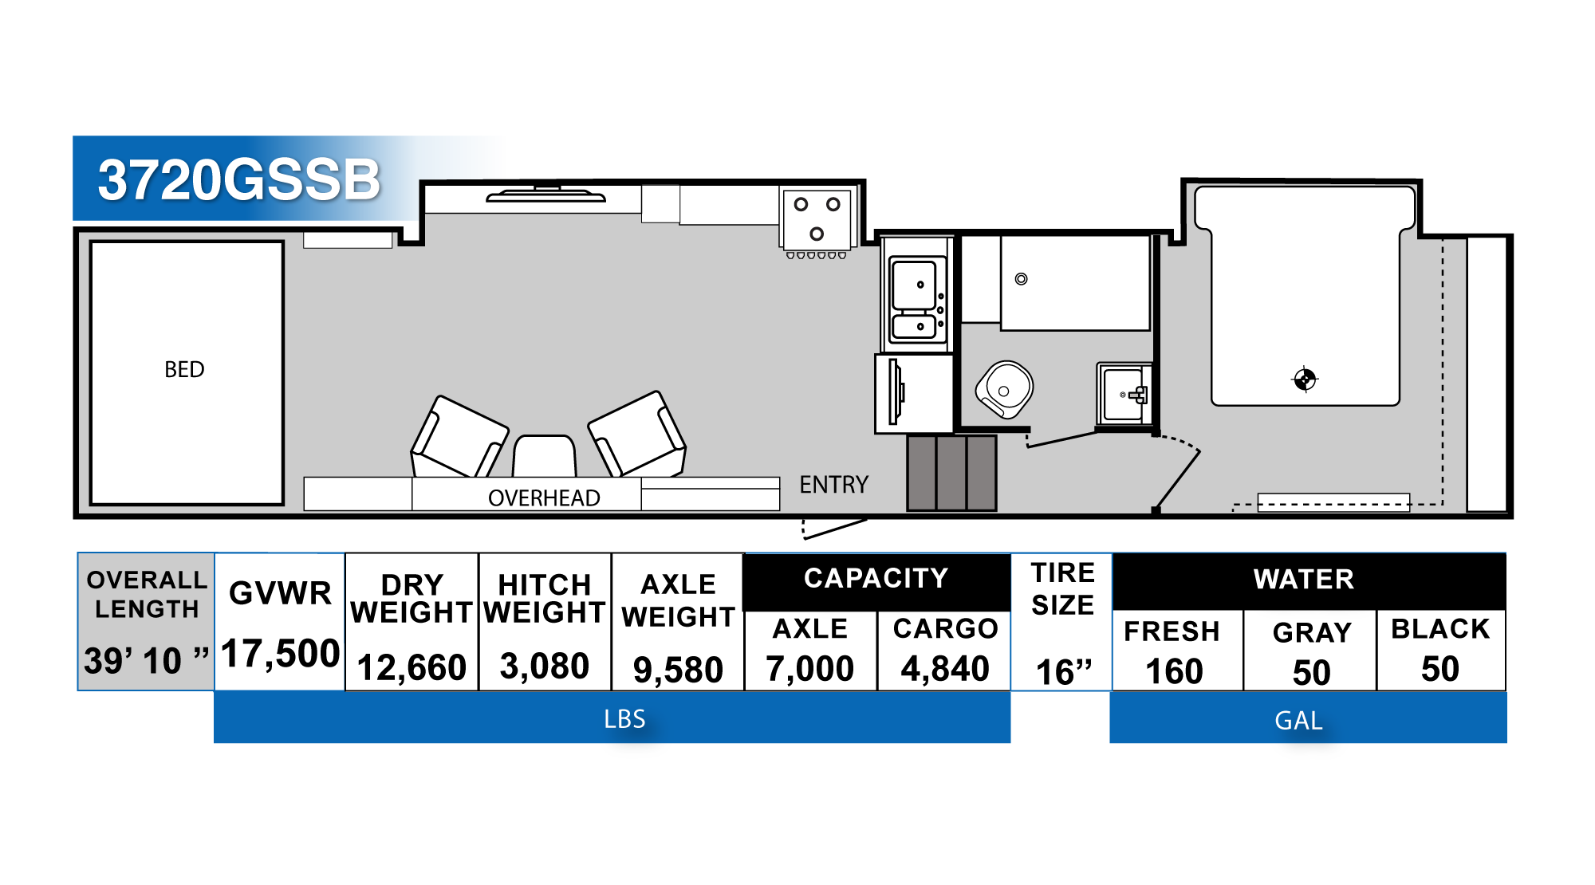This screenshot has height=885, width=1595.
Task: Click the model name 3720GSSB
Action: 239,179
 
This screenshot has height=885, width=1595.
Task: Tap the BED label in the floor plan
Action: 184,369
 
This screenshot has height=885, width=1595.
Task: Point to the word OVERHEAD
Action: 544,498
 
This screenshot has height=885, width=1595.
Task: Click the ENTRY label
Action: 833,485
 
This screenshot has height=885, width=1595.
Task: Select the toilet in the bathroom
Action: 1005,389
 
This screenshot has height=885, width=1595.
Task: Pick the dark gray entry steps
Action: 951,473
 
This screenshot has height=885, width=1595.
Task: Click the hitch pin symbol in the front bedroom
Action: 1305,380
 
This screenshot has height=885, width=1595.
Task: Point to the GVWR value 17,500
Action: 281,654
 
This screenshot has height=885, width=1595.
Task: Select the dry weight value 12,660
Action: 412,667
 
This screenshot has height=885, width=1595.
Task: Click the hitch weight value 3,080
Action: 545,666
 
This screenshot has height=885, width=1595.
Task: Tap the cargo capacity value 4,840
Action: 945,668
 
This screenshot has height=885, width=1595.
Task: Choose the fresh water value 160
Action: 1174,671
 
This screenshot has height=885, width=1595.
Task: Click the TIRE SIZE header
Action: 1062,588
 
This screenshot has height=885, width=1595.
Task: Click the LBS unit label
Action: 624,719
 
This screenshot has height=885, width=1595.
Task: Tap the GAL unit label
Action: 1298,721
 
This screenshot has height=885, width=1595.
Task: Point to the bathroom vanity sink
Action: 1124,394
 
